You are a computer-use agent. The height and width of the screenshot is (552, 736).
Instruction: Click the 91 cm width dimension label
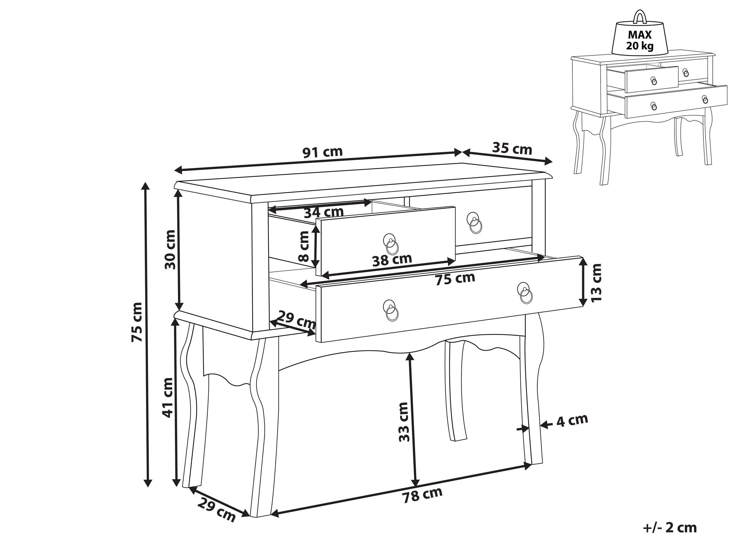[x=322, y=152]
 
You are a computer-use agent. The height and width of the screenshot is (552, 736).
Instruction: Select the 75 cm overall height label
[x=137, y=322]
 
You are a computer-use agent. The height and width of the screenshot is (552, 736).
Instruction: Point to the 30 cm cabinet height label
[x=170, y=249]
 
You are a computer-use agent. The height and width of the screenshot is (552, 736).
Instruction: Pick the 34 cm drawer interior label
[x=323, y=212]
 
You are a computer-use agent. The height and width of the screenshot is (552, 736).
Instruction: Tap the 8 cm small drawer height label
[x=304, y=247]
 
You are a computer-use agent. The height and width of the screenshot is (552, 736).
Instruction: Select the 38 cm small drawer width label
[x=392, y=260]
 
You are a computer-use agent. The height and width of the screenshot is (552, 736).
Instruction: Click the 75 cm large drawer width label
[x=455, y=279]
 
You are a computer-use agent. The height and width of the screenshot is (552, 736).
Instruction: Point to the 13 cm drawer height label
[x=596, y=283]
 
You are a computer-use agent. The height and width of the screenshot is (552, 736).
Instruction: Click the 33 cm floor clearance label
[x=403, y=422]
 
